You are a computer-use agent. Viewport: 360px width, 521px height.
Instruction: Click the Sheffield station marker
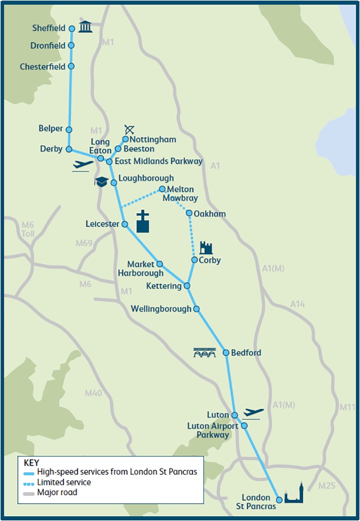(72, 29)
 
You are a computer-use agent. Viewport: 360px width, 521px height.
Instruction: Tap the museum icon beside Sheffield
(85, 28)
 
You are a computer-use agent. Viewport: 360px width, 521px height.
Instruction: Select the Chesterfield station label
(43, 67)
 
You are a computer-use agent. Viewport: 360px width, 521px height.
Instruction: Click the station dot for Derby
(69, 149)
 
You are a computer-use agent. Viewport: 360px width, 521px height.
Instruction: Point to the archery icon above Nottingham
(129, 129)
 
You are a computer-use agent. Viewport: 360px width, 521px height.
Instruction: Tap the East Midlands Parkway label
(158, 161)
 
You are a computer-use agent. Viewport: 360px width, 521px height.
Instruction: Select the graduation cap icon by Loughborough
(101, 181)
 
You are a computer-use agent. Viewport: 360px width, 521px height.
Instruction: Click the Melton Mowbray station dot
(162, 189)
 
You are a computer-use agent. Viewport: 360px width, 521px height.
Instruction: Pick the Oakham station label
(210, 214)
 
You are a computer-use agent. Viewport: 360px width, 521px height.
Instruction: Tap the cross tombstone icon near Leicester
(143, 222)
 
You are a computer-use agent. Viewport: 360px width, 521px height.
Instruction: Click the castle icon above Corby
(206, 248)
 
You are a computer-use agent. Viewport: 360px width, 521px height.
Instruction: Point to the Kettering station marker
(187, 286)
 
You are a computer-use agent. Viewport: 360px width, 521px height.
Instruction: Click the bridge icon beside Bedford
(204, 353)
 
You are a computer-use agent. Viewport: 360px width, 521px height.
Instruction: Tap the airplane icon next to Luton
(253, 413)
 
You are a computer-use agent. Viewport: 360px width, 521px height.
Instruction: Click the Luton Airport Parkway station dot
(244, 426)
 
